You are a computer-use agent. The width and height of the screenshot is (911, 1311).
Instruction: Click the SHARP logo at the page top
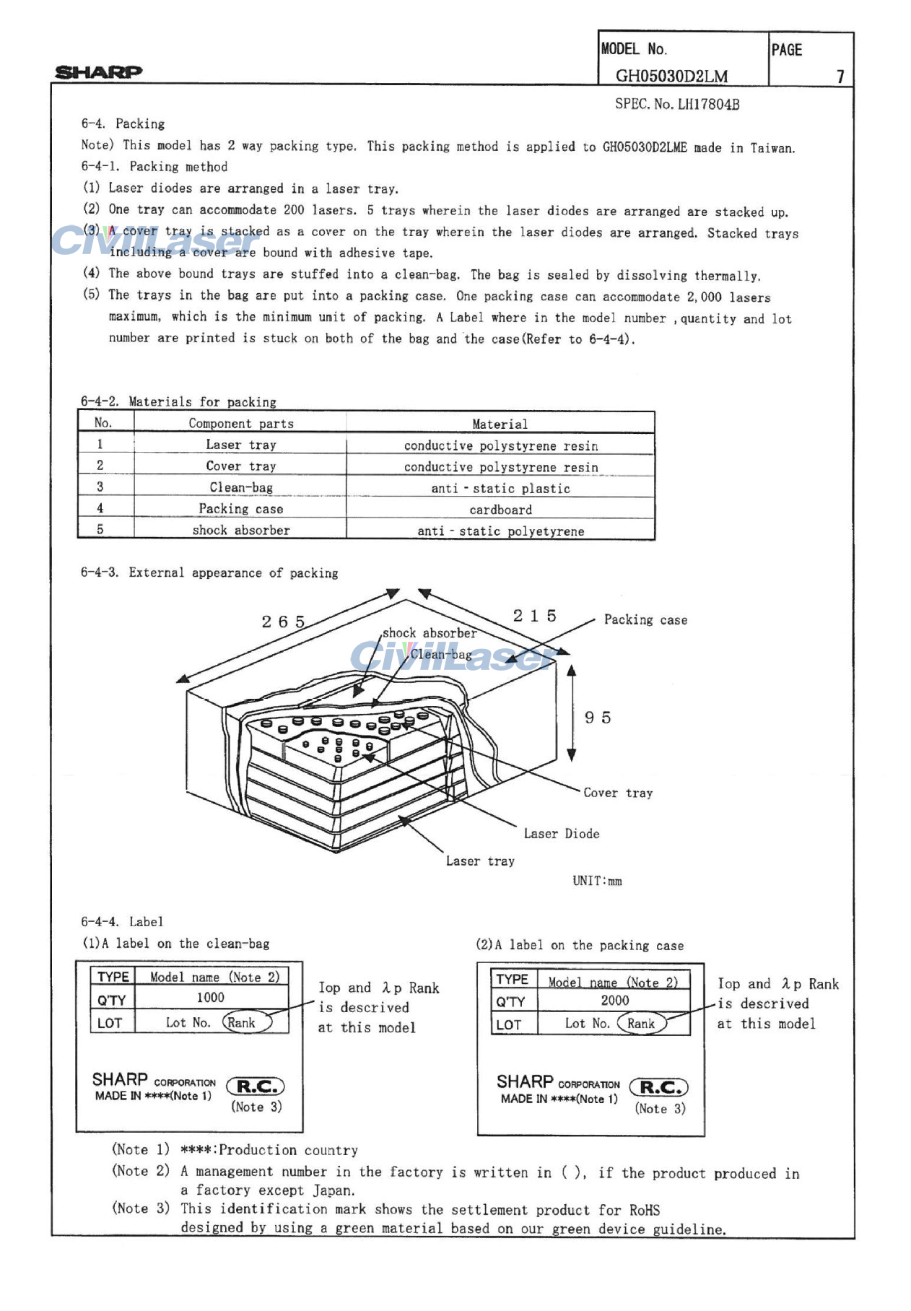click(99, 71)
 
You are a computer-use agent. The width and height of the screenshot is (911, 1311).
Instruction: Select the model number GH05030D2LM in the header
click(671, 76)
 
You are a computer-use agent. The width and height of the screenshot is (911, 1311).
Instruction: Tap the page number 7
click(840, 76)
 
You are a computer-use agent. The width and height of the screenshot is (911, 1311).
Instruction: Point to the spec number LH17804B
click(676, 104)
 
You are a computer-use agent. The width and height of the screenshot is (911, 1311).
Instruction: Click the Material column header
click(500, 424)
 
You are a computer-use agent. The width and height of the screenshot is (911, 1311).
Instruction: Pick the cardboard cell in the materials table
click(500, 510)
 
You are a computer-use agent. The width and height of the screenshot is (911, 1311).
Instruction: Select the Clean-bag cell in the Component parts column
click(241, 488)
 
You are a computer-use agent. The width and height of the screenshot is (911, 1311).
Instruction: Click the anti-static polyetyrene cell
click(500, 531)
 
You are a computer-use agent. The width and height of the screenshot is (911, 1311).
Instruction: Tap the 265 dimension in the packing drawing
click(283, 622)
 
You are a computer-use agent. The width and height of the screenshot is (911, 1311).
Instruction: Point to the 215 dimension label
click(535, 616)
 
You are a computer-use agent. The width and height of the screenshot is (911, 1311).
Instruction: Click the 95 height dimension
click(598, 718)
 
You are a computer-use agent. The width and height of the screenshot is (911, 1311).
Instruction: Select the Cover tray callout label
click(618, 793)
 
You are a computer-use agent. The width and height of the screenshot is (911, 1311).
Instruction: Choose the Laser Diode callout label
click(562, 834)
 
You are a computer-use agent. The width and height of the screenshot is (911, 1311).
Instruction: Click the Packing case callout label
click(645, 619)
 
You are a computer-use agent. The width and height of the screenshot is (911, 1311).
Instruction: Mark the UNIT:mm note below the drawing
click(597, 881)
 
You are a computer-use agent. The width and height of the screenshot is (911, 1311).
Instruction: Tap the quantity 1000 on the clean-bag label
click(210, 998)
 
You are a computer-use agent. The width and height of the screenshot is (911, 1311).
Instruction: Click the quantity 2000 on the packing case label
click(614, 1001)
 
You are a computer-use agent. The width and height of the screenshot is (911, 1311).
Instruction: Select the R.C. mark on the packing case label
click(659, 1087)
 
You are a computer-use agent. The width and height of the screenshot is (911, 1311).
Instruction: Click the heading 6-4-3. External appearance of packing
click(209, 572)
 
